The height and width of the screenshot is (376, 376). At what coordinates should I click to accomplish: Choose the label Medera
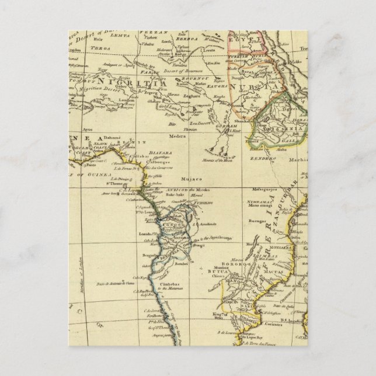(x=177, y=137)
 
